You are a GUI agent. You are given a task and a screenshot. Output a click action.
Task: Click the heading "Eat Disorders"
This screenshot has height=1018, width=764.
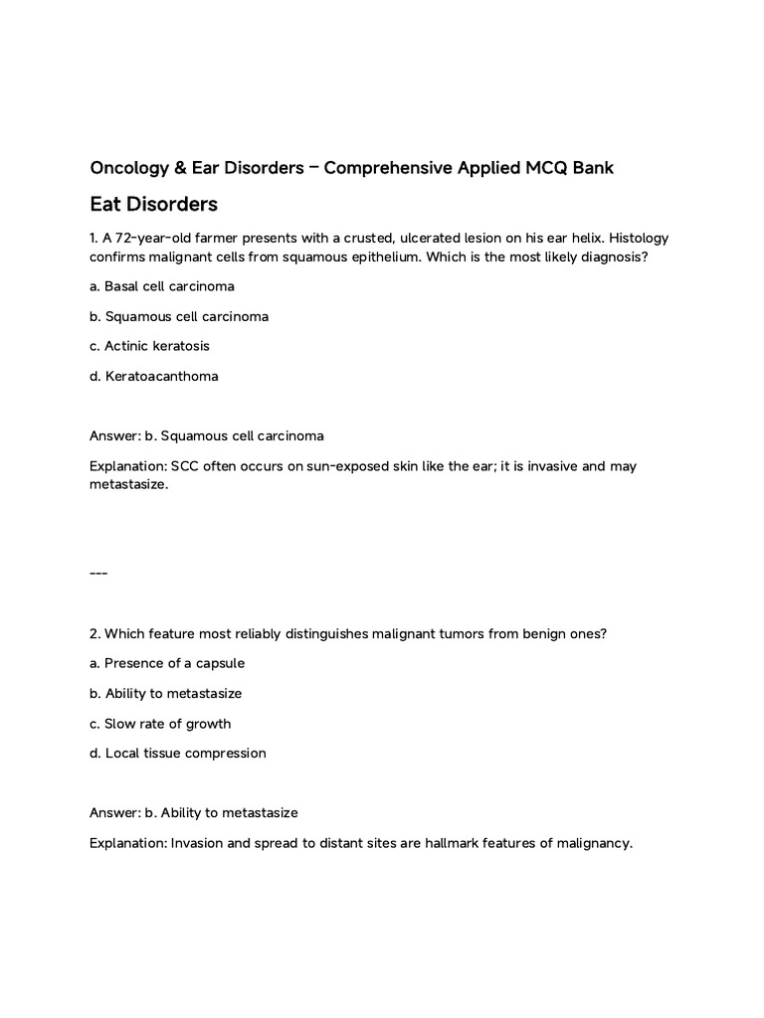point(153,205)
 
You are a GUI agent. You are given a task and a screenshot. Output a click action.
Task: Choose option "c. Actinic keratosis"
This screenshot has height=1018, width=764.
point(149,346)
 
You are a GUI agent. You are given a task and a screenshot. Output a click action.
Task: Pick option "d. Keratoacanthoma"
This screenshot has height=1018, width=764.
point(153,376)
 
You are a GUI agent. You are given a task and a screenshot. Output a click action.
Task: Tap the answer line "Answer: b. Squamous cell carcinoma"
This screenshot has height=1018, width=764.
point(206,435)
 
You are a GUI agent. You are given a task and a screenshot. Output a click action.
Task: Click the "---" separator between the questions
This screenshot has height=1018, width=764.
point(98,574)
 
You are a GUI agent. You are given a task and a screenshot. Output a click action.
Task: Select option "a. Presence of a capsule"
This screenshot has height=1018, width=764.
point(166,663)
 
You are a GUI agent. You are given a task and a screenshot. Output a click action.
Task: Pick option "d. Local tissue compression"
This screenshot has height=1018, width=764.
point(178,754)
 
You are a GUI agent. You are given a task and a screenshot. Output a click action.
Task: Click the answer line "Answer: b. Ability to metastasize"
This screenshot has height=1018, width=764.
point(193,812)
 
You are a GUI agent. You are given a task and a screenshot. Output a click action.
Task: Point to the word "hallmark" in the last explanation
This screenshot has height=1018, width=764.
point(463,843)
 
